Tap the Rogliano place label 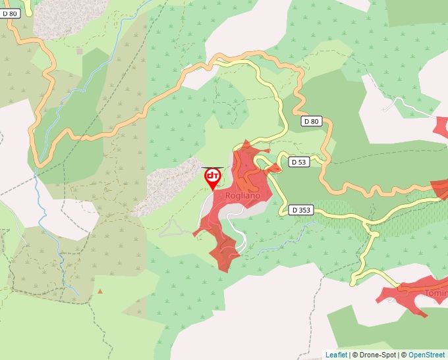[242, 196]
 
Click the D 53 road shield [299, 162]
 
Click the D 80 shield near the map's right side [312, 121]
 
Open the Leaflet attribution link [336, 355]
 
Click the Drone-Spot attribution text [375, 355]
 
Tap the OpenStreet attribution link [426, 355]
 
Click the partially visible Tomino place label [435, 293]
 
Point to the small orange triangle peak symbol [100, 291]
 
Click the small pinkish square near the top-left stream [80, 51]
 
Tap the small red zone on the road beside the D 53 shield [274, 168]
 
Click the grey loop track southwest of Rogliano [171, 228]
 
